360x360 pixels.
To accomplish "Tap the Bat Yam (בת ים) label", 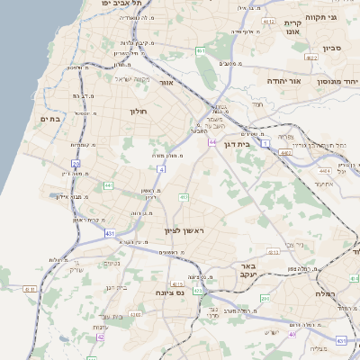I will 49,118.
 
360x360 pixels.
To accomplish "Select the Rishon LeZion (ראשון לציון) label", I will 184,231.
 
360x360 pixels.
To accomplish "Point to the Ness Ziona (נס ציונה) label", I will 168,292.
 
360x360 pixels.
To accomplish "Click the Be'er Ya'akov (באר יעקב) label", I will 248,272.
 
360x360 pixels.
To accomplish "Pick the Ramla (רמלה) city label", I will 325,293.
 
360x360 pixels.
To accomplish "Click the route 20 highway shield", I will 76,164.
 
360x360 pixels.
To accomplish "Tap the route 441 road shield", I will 108,185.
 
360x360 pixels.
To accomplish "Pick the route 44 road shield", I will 212,142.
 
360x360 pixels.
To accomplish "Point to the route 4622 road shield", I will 312,57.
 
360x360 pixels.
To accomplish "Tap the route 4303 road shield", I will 135,314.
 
